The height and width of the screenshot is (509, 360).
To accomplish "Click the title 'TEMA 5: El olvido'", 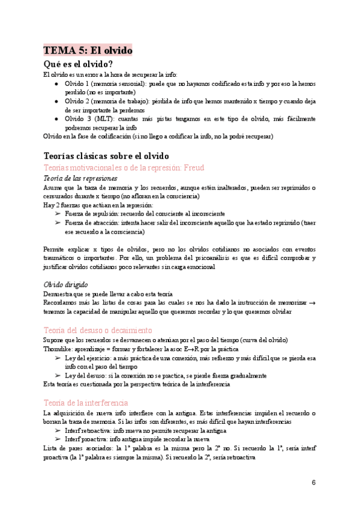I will (88, 50).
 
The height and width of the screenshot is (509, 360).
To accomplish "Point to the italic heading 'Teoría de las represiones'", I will (81, 179).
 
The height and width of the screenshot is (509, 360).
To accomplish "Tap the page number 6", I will (313, 483).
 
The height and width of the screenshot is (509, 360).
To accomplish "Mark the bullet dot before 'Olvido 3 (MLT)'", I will (56, 119).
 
